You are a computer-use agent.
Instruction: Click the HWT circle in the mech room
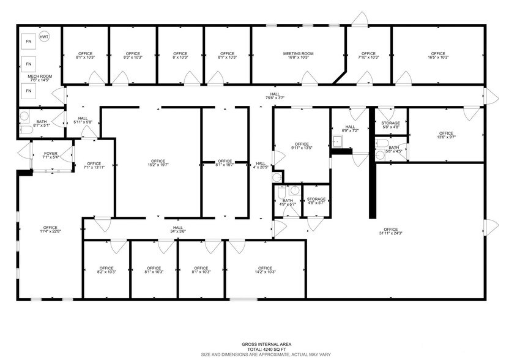point(44,37)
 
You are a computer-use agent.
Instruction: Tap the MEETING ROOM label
point(298,54)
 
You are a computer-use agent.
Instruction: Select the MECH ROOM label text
point(40,77)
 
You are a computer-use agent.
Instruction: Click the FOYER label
point(50,153)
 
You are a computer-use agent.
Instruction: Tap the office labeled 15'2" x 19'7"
point(158,162)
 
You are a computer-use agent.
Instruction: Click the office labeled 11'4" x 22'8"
point(50,229)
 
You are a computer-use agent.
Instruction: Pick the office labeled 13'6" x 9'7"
point(446,134)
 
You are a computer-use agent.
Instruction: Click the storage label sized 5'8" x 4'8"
point(390,125)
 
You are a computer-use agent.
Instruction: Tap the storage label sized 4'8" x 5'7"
point(316,201)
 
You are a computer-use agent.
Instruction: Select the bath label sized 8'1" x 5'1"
point(42,122)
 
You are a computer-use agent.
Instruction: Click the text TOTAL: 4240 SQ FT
point(254,348)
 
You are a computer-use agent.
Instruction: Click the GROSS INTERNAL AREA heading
point(254,343)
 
